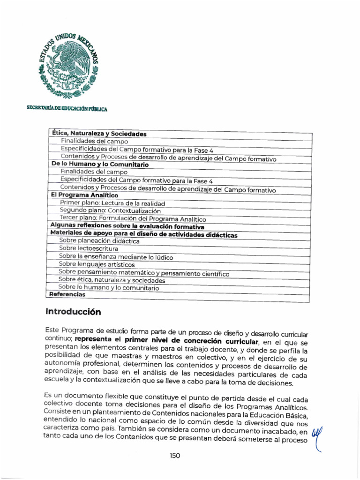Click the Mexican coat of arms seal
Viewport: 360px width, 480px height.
[x=69, y=66]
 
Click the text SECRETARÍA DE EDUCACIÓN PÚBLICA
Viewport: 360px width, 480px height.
[x=67, y=109]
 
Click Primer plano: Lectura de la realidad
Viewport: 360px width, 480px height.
[x=112, y=203]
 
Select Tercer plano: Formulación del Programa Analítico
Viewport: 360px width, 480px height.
[x=133, y=219]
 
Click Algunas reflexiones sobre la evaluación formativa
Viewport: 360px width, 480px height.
[x=127, y=226]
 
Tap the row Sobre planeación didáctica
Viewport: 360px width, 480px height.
[x=99, y=241]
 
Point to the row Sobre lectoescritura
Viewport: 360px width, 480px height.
[x=89, y=248]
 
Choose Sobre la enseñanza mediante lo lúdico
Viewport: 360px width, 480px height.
[x=116, y=257]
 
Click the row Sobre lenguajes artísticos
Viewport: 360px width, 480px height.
[x=97, y=264]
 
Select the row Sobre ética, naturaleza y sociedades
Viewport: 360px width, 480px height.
[x=112, y=280]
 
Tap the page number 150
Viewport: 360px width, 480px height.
[x=175, y=455]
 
